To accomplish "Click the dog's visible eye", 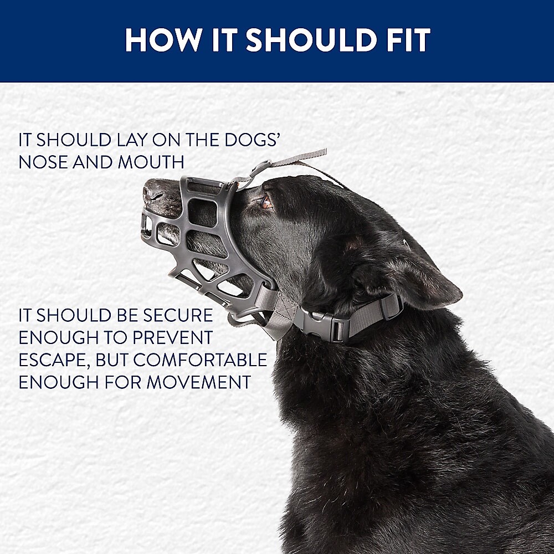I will [267, 203].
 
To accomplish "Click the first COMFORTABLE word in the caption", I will [200, 360].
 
